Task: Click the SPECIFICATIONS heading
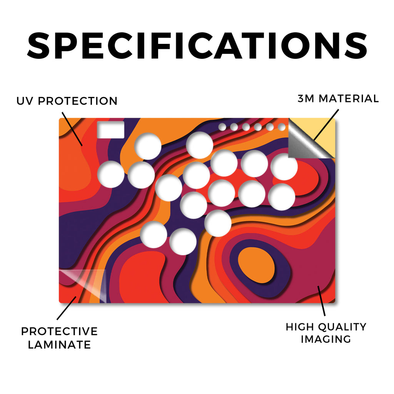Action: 197,45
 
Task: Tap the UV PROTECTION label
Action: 67,101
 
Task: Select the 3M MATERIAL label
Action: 338,98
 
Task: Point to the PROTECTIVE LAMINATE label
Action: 59,338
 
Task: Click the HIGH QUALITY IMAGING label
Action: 326,333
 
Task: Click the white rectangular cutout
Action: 110,130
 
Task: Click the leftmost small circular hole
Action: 222,127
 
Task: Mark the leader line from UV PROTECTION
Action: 72,129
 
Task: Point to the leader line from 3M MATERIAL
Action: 326,125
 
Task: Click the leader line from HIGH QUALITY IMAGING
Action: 321,301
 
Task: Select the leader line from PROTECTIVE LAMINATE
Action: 67,308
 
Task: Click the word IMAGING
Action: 326,339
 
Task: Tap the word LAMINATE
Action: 59,344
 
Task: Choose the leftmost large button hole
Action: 111,174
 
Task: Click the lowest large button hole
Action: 183,242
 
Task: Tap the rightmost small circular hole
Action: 282,127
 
